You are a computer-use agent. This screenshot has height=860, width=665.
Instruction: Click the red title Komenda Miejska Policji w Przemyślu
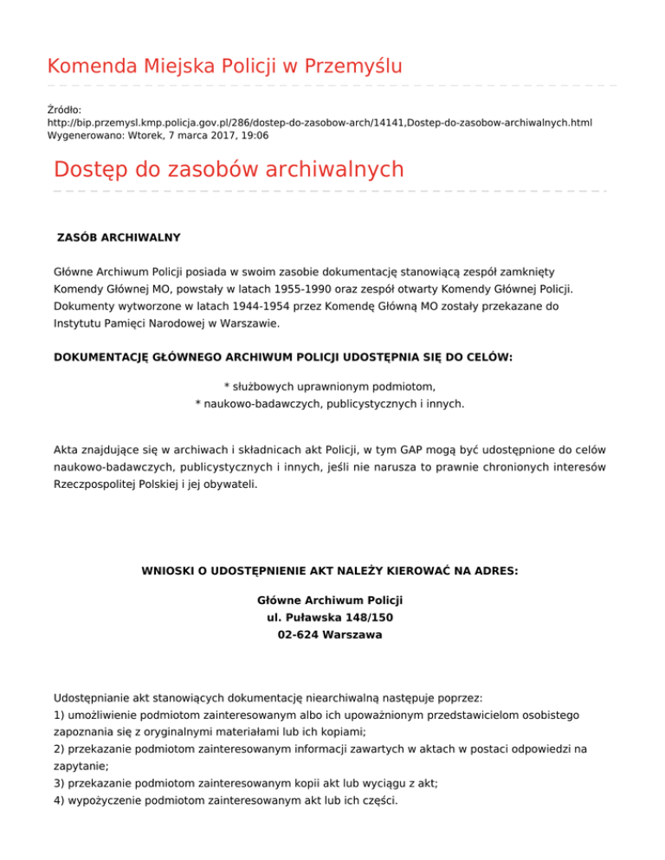(x=224, y=66)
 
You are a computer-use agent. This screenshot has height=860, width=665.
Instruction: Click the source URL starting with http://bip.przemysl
(x=320, y=124)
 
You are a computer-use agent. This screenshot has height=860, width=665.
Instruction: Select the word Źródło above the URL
(x=64, y=110)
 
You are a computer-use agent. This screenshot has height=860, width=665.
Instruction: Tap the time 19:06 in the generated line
(x=254, y=137)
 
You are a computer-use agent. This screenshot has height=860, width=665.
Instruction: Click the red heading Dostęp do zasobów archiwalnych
(x=229, y=169)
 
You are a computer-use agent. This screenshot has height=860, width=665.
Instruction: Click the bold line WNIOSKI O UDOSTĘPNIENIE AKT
(x=329, y=570)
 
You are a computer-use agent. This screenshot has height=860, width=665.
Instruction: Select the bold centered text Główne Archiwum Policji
(x=330, y=600)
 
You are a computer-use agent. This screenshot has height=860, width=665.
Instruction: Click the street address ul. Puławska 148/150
(x=330, y=618)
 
